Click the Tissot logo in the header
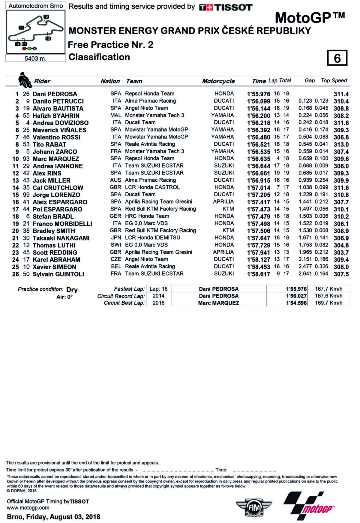[x=226, y=7]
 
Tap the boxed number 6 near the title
[x=337, y=58]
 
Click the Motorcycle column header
[x=218, y=81]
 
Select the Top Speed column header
[x=334, y=80]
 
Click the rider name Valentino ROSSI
[x=56, y=137]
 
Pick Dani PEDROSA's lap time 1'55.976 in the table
[x=259, y=94]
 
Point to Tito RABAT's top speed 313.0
[x=341, y=144]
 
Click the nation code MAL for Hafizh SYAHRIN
[x=115, y=115]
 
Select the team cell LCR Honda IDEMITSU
[x=153, y=237]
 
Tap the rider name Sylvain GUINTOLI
[x=58, y=274]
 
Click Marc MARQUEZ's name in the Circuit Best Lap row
[x=218, y=303]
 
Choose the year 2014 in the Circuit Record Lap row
[x=158, y=296]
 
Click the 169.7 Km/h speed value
[x=328, y=303]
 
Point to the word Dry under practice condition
[x=72, y=290]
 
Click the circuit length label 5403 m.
[x=35, y=59]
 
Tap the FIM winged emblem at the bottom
[x=254, y=507]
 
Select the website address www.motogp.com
[x=28, y=508]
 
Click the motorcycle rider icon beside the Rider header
[x=25, y=80]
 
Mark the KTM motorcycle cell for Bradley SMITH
[x=228, y=231]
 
